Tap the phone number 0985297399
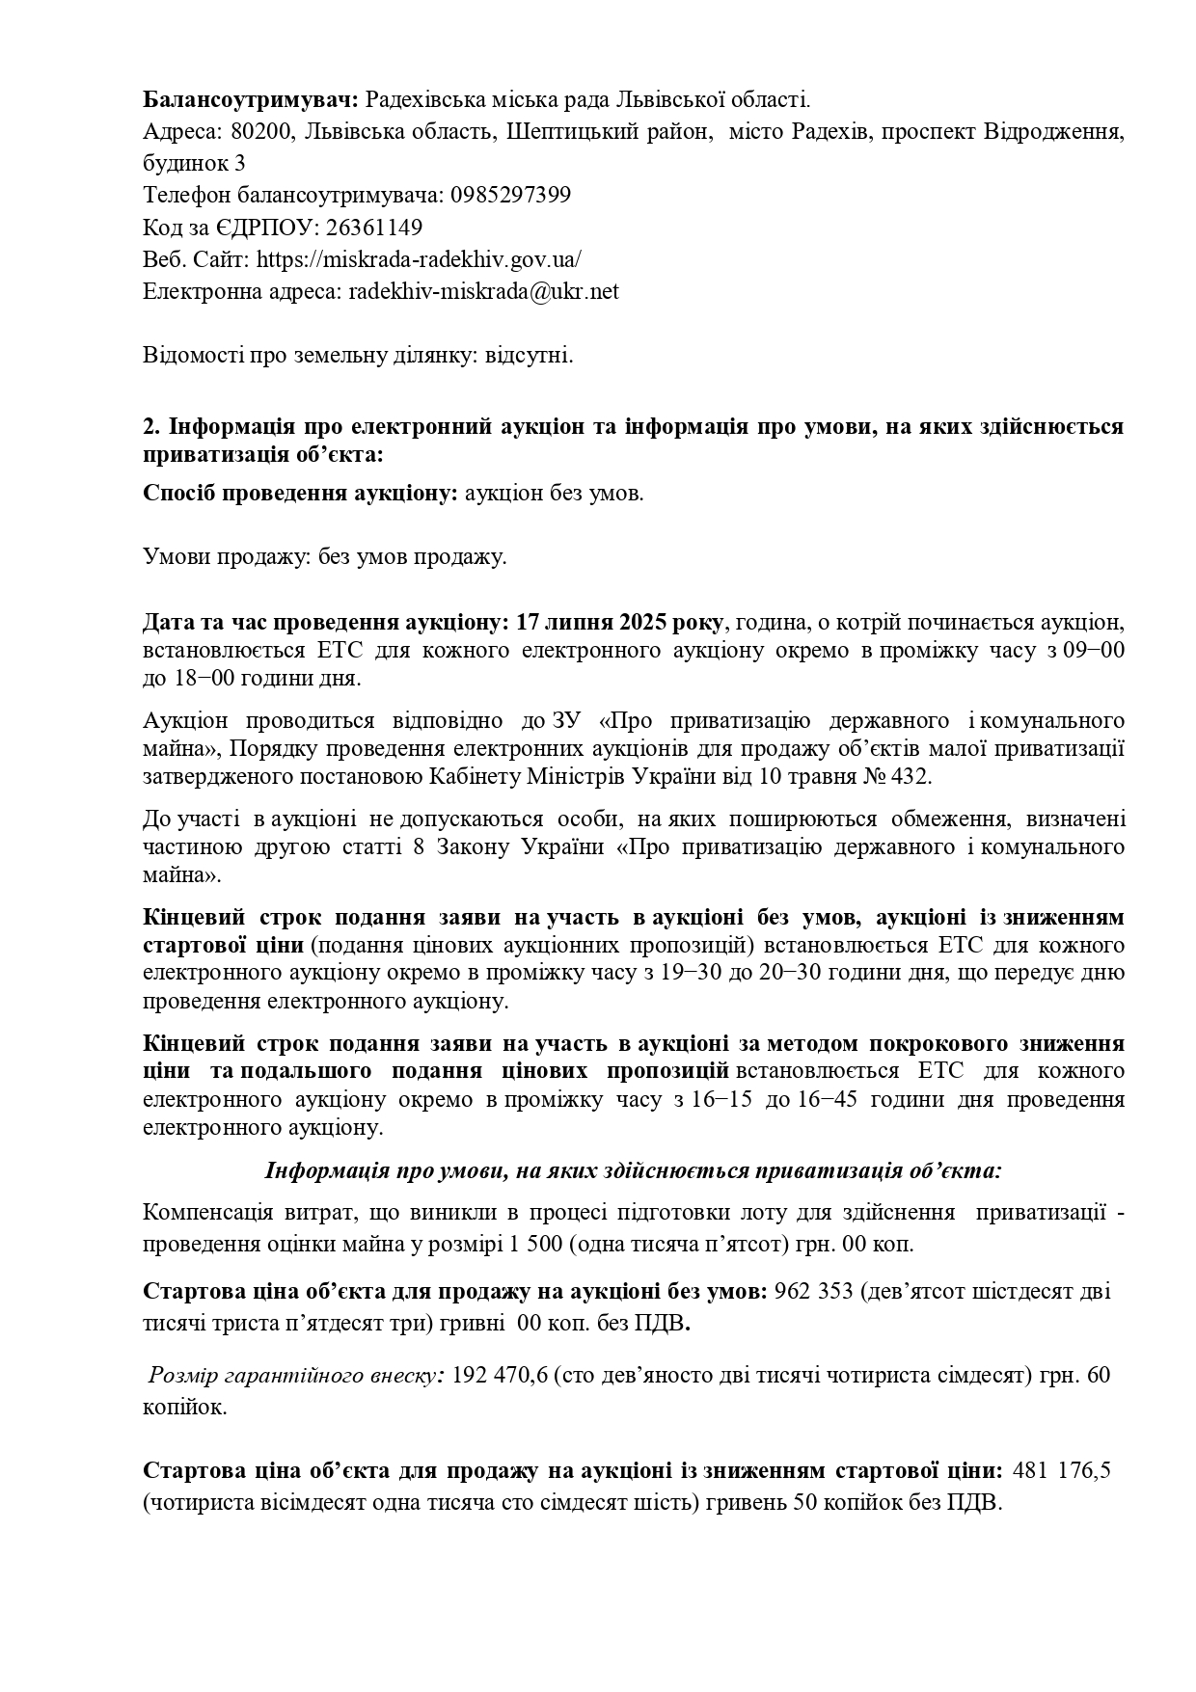point(510,195)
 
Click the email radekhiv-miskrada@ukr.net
point(483,291)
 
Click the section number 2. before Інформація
point(151,426)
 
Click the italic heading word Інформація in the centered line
point(318,1170)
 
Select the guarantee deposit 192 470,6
point(499,1375)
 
